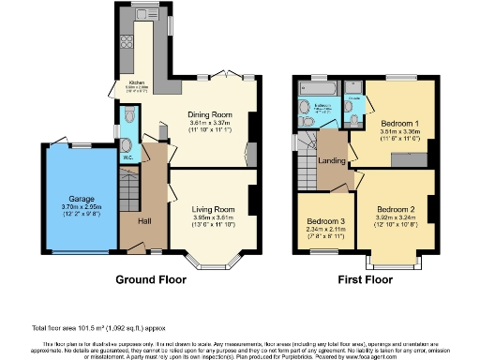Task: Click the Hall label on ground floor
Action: (x=144, y=220)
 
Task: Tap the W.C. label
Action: (x=127, y=157)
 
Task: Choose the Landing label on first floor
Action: (x=329, y=160)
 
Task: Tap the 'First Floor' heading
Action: (x=365, y=279)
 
